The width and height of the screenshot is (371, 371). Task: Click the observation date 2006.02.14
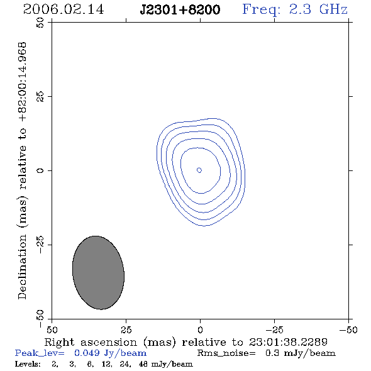pos(64,9)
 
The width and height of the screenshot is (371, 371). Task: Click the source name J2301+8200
pos(180,9)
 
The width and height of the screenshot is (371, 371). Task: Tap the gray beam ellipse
pos(98,272)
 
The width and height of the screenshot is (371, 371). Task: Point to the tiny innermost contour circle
pos(199,170)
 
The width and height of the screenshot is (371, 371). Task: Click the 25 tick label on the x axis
pos(126,330)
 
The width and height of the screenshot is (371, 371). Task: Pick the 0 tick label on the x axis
pos(200,330)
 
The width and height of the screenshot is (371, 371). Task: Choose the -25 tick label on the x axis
pos(274,330)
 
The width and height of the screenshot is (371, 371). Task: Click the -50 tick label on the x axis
pos(348,330)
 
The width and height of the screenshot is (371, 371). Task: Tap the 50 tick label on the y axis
pos(40,23)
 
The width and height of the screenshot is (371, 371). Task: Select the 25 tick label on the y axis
pos(40,97)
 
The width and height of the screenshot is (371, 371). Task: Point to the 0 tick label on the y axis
pos(40,170)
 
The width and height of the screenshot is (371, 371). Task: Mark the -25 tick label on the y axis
pos(40,245)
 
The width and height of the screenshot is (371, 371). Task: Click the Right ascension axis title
pos(185,342)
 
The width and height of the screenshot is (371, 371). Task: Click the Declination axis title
pos(22,171)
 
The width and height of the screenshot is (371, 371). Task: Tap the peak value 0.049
pos(87,353)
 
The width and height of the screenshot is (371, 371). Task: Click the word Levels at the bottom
pos(28,363)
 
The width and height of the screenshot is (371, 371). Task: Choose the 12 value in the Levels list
pos(106,364)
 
